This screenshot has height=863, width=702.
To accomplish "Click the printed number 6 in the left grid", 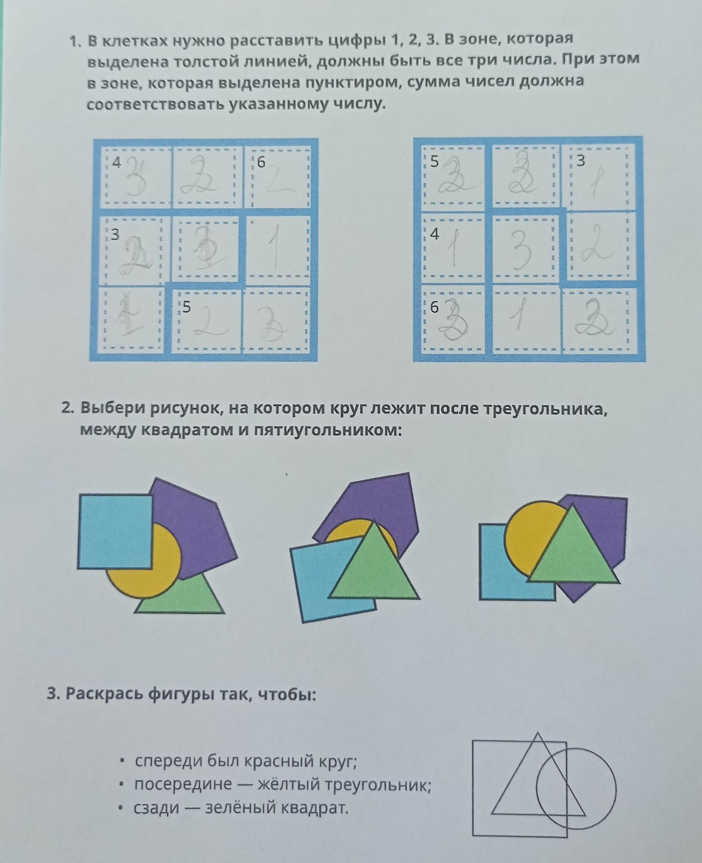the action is (261, 163).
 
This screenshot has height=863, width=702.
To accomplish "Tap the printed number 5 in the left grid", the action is (187, 307).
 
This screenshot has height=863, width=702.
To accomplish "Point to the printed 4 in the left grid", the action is (116, 163).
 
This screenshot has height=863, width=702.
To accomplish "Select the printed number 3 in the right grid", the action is (581, 161).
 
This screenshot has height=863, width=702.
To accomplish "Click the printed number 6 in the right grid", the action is (434, 308).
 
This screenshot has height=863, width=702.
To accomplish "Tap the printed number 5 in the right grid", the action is (434, 161).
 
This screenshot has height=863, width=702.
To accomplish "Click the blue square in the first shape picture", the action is (116, 532).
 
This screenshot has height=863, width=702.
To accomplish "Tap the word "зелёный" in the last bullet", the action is (240, 808).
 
